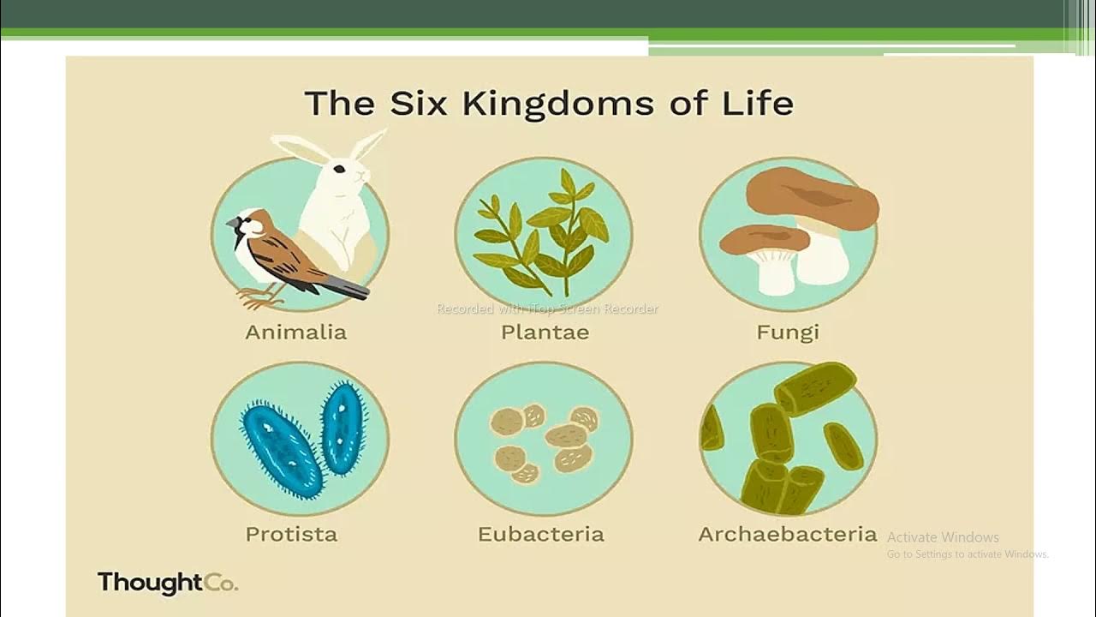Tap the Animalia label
pos(295,332)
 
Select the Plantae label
pos(545,332)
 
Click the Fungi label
pos(788,332)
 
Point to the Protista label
pos(291,535)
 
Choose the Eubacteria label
pos(540,535)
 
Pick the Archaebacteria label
pos(788,535)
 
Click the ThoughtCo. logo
pos(167,584)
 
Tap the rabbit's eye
pos(340,169)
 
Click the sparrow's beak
pos(232,223)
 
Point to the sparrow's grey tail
pos(347,288)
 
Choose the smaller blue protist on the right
pos(343,428)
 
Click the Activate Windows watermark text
pos(943,537)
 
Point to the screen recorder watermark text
pos(547,308)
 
